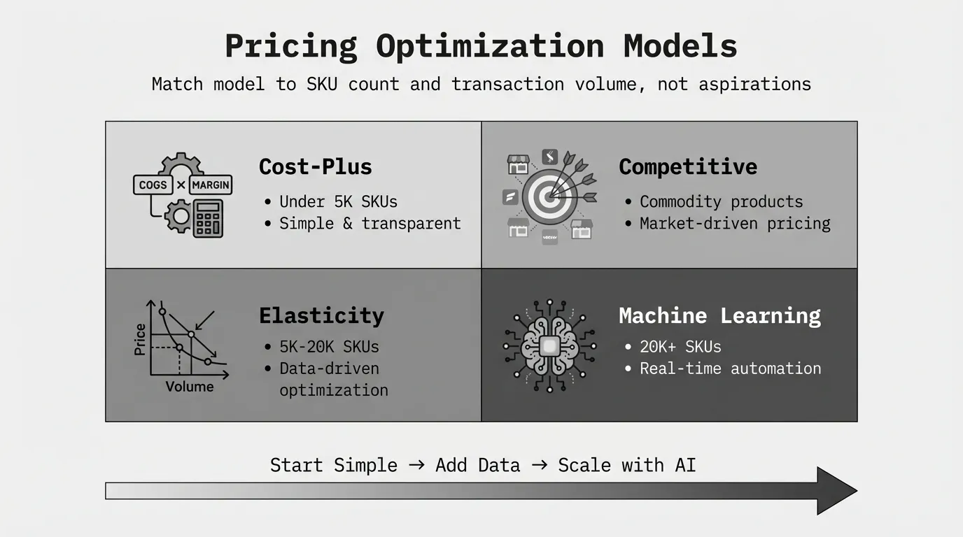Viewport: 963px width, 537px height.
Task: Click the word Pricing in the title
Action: (x=291, y=46)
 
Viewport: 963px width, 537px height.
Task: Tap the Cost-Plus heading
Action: (x=315, y=166)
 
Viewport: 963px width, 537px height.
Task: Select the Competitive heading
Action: (x=688, y=166)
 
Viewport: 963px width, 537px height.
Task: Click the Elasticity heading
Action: (x=321, y=316)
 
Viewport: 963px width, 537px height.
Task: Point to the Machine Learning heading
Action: (x=719, y=316)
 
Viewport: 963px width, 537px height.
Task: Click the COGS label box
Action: (x=153, y=185)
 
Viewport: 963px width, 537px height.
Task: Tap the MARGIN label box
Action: (x=211, y=185)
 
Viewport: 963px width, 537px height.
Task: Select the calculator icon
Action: (x=208, y=218)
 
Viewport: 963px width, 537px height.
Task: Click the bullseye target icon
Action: (x=549, y=198)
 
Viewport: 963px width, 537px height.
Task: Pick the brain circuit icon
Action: (x=550, y=346)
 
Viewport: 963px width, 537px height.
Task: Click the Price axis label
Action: (x=140, y=339)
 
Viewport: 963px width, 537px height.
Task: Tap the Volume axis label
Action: (x=190, y=387)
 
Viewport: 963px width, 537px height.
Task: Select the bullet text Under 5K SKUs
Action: (x=338, y=201)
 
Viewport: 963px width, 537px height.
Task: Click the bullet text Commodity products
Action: (x=721, y=202)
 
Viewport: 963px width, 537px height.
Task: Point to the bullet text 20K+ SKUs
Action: (x=680, y=347)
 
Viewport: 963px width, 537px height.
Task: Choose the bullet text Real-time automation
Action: (x=730, y=368)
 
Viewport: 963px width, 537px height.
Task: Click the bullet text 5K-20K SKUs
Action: (x=330, y=347)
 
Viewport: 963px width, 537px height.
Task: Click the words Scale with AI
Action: (x=627, y=465)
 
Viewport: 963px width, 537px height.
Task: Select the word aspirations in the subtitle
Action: (x=755, y=84)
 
